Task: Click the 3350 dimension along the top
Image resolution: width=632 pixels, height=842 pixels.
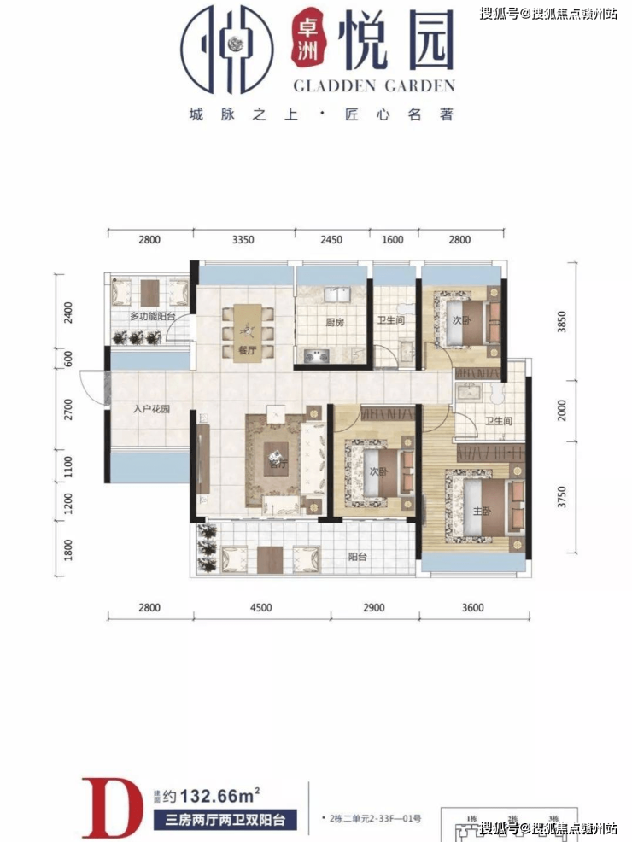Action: (x=243, y=240)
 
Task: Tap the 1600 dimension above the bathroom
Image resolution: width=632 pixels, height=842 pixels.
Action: (x=393, y=240)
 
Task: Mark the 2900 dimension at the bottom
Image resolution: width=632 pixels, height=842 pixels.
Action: (x=374, y=608)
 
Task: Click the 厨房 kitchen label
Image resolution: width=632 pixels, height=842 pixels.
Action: (x=334, y=323)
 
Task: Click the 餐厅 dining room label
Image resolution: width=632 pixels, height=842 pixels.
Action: (x=248, y=350)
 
